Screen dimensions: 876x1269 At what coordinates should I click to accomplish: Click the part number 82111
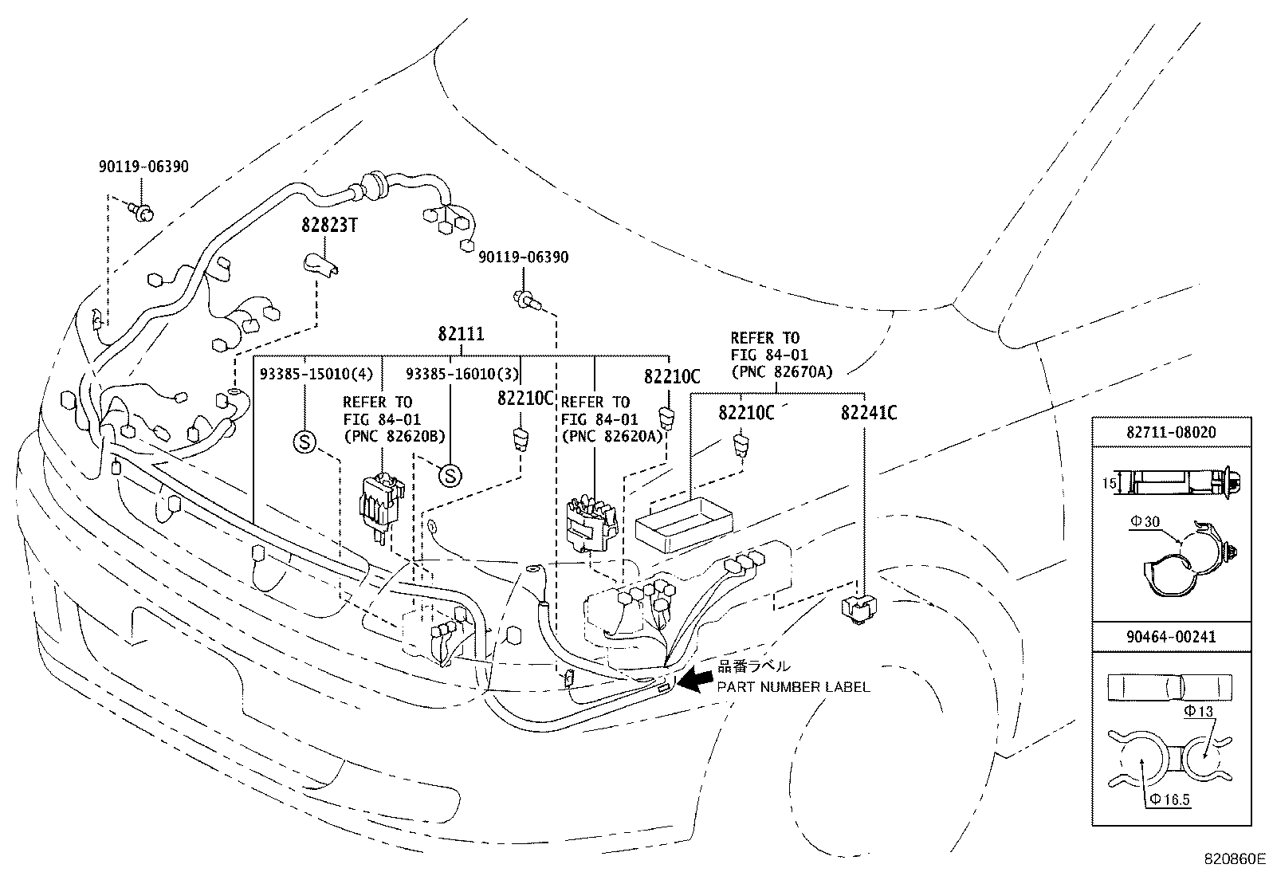tap(461, 335)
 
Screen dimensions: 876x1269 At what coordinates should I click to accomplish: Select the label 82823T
tap(328, 226)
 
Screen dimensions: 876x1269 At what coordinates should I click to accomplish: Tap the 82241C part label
tap(869, 413)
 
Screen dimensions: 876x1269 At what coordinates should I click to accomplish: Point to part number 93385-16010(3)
tap(462, 374)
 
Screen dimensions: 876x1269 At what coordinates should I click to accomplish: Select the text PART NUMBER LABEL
tap(793, 686)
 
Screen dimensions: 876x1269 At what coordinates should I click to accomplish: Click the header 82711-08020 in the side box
tap(1170, 432)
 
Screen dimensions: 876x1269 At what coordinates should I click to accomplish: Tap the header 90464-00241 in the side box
tap(1170, 637)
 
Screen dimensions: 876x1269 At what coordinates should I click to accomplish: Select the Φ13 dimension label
tap(1198, 711)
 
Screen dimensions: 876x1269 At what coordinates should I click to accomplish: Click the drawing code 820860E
tap(1234, 859)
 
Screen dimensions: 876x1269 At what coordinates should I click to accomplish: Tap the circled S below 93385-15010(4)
tap(304, 441)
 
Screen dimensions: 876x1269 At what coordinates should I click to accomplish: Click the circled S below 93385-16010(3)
tap(450, 476)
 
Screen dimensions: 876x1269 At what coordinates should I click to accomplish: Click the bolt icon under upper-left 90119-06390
tap(142, 211)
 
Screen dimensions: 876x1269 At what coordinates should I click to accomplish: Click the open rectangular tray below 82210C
tap(683, 523)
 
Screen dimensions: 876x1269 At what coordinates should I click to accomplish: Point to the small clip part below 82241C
tap(858, 608)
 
